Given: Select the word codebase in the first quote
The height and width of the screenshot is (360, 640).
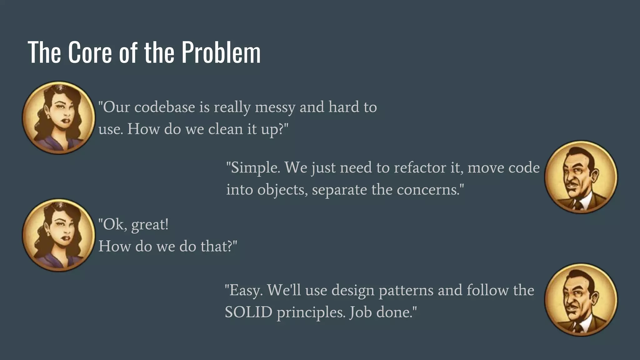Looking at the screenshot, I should (165, 107).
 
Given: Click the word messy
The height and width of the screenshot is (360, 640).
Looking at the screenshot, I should (275, 107).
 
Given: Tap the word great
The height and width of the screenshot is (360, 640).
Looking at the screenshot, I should (149, 225).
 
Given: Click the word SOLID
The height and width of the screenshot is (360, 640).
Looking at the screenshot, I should (248, 312).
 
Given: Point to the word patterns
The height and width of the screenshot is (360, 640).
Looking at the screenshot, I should (406, 290).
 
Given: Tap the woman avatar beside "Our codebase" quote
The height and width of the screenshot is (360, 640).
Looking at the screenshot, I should (58, 118).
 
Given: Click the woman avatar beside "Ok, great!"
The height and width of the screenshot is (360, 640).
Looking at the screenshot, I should (58, 235).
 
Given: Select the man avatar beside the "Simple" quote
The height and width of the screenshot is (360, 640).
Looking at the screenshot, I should (581, 177).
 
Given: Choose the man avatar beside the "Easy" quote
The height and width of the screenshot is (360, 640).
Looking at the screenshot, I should (581, 300).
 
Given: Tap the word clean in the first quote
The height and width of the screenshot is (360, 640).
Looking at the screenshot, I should (225, 129).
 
